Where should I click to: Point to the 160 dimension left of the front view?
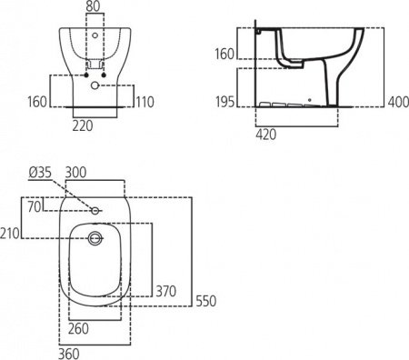[x=35, y=101]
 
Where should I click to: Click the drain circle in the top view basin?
[x=95, y=238]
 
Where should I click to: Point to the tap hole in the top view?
[x=95, y=212]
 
